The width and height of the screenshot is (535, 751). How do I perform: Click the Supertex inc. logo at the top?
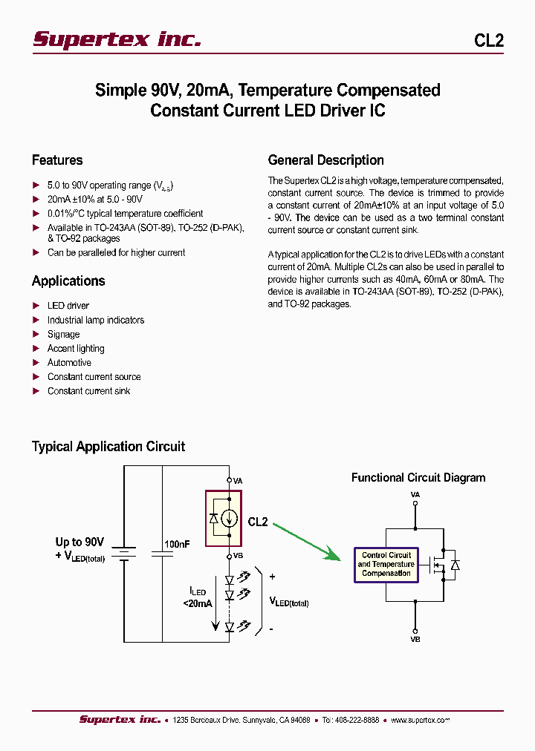[117, 39]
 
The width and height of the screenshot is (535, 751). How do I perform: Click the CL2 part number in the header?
[488, 41]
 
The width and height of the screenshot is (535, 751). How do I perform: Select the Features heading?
[57, 160]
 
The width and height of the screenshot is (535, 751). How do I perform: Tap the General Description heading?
[325, 160]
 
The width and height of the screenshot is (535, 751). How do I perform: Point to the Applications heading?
[68, 281]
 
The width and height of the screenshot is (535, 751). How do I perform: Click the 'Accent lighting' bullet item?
[76, 349]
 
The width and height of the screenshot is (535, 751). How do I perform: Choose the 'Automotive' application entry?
[69, 363]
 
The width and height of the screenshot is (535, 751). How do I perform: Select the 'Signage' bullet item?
[63, 335]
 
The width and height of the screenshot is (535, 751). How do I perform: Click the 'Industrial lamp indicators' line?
[96, 321]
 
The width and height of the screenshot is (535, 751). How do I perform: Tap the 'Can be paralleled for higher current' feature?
[116, 253]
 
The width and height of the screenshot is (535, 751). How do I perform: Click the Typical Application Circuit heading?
[108, 447]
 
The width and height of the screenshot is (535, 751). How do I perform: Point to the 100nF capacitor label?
[177, 544]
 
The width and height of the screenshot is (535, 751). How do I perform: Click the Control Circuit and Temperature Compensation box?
[386, 565]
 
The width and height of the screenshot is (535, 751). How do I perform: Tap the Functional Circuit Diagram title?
[418, 478]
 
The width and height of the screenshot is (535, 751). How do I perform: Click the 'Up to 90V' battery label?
[80, 542]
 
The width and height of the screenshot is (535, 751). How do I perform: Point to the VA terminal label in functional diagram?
[415, 494]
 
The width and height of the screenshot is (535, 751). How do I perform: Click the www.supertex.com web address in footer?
[420, 720]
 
